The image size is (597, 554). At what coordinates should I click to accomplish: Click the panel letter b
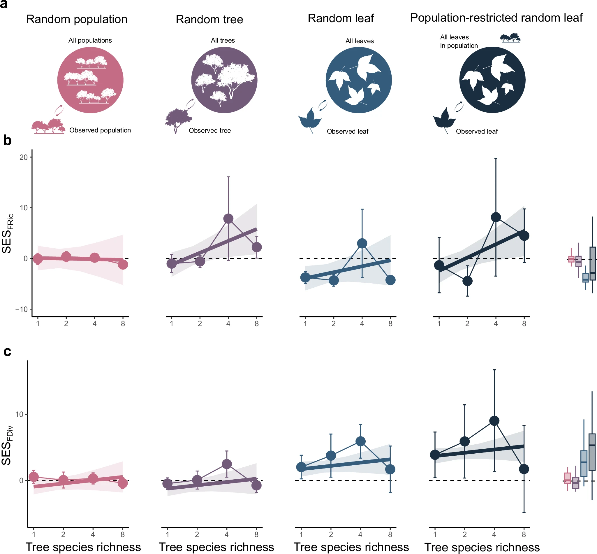7,141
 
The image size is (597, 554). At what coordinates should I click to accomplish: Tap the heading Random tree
209,20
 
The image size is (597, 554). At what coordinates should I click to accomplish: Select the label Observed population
100,130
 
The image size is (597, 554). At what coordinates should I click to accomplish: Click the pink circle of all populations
90,80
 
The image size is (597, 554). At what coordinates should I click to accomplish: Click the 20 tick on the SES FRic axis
23,157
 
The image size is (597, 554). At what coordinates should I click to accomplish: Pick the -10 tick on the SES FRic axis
22,309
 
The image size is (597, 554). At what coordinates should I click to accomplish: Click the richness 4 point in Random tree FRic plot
228,219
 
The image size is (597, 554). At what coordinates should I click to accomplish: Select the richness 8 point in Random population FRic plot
123,264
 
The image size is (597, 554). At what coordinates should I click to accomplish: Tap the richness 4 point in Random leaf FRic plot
362,243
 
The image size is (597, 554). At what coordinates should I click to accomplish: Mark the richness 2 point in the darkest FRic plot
467,281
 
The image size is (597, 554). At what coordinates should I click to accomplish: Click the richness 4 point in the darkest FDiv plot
494,421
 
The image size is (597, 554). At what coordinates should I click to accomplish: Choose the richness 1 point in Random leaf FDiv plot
301,467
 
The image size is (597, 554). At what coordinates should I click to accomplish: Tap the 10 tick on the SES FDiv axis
19,414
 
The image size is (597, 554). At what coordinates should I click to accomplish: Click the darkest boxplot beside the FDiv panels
592,452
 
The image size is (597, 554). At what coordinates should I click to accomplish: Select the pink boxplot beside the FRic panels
571,259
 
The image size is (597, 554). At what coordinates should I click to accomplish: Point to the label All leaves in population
459,41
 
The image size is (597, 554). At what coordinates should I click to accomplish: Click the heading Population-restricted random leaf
496,18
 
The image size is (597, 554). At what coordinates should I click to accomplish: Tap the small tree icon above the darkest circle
510,38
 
